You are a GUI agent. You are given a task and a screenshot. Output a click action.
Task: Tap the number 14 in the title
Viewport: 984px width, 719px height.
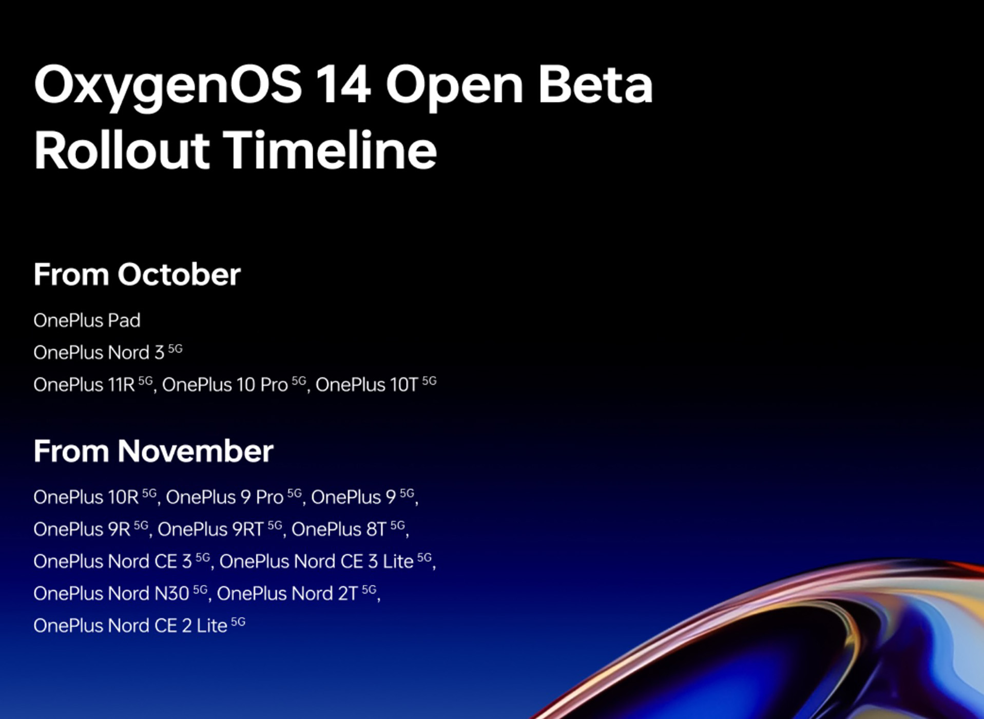coord(342,85)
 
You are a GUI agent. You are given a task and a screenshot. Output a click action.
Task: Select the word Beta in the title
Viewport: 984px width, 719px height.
coord(595,85)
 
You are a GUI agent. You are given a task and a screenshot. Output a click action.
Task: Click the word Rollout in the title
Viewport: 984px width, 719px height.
coord(122,150)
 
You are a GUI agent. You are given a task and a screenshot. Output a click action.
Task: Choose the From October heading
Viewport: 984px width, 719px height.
coord(137,274)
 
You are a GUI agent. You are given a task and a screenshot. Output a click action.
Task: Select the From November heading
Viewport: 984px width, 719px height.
coord(153,451)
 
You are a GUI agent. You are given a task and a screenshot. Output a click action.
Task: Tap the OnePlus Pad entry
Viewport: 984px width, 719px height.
coord(87,320)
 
